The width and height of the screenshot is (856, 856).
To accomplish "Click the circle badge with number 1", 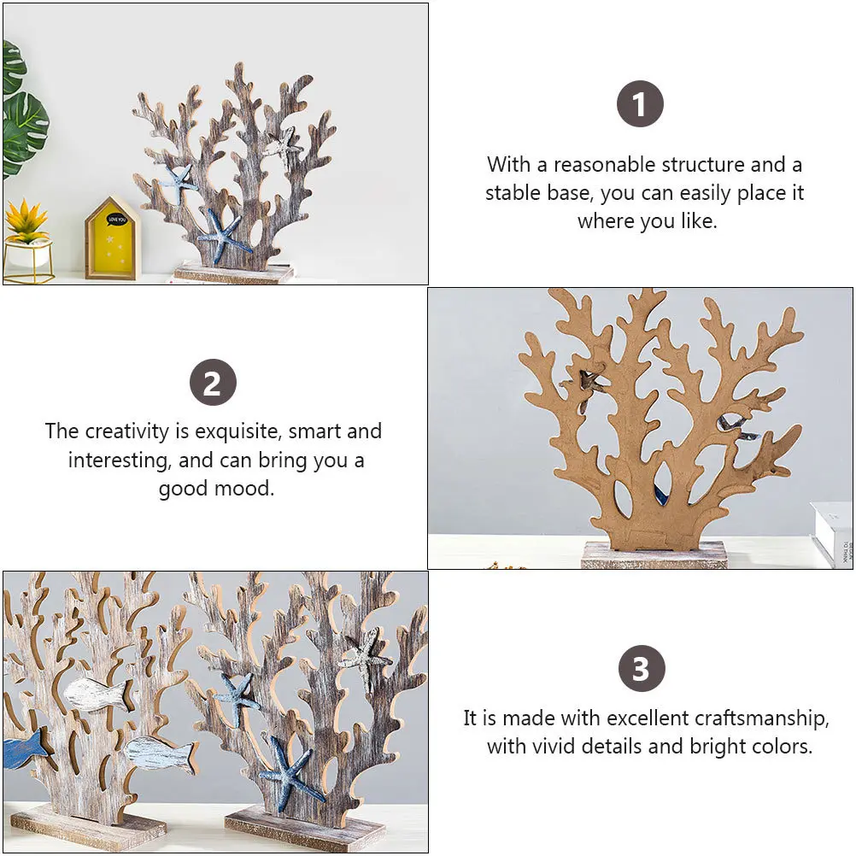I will click(x=640, y=104).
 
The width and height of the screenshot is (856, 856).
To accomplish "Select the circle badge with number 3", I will click(x=642, y=669).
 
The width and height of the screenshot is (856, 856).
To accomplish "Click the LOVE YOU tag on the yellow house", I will click(x=115, y=220).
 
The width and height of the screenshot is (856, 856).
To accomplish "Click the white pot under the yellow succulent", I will click(x=27, y=254).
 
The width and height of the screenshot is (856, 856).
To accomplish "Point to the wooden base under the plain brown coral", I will click(x=654, y=555).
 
